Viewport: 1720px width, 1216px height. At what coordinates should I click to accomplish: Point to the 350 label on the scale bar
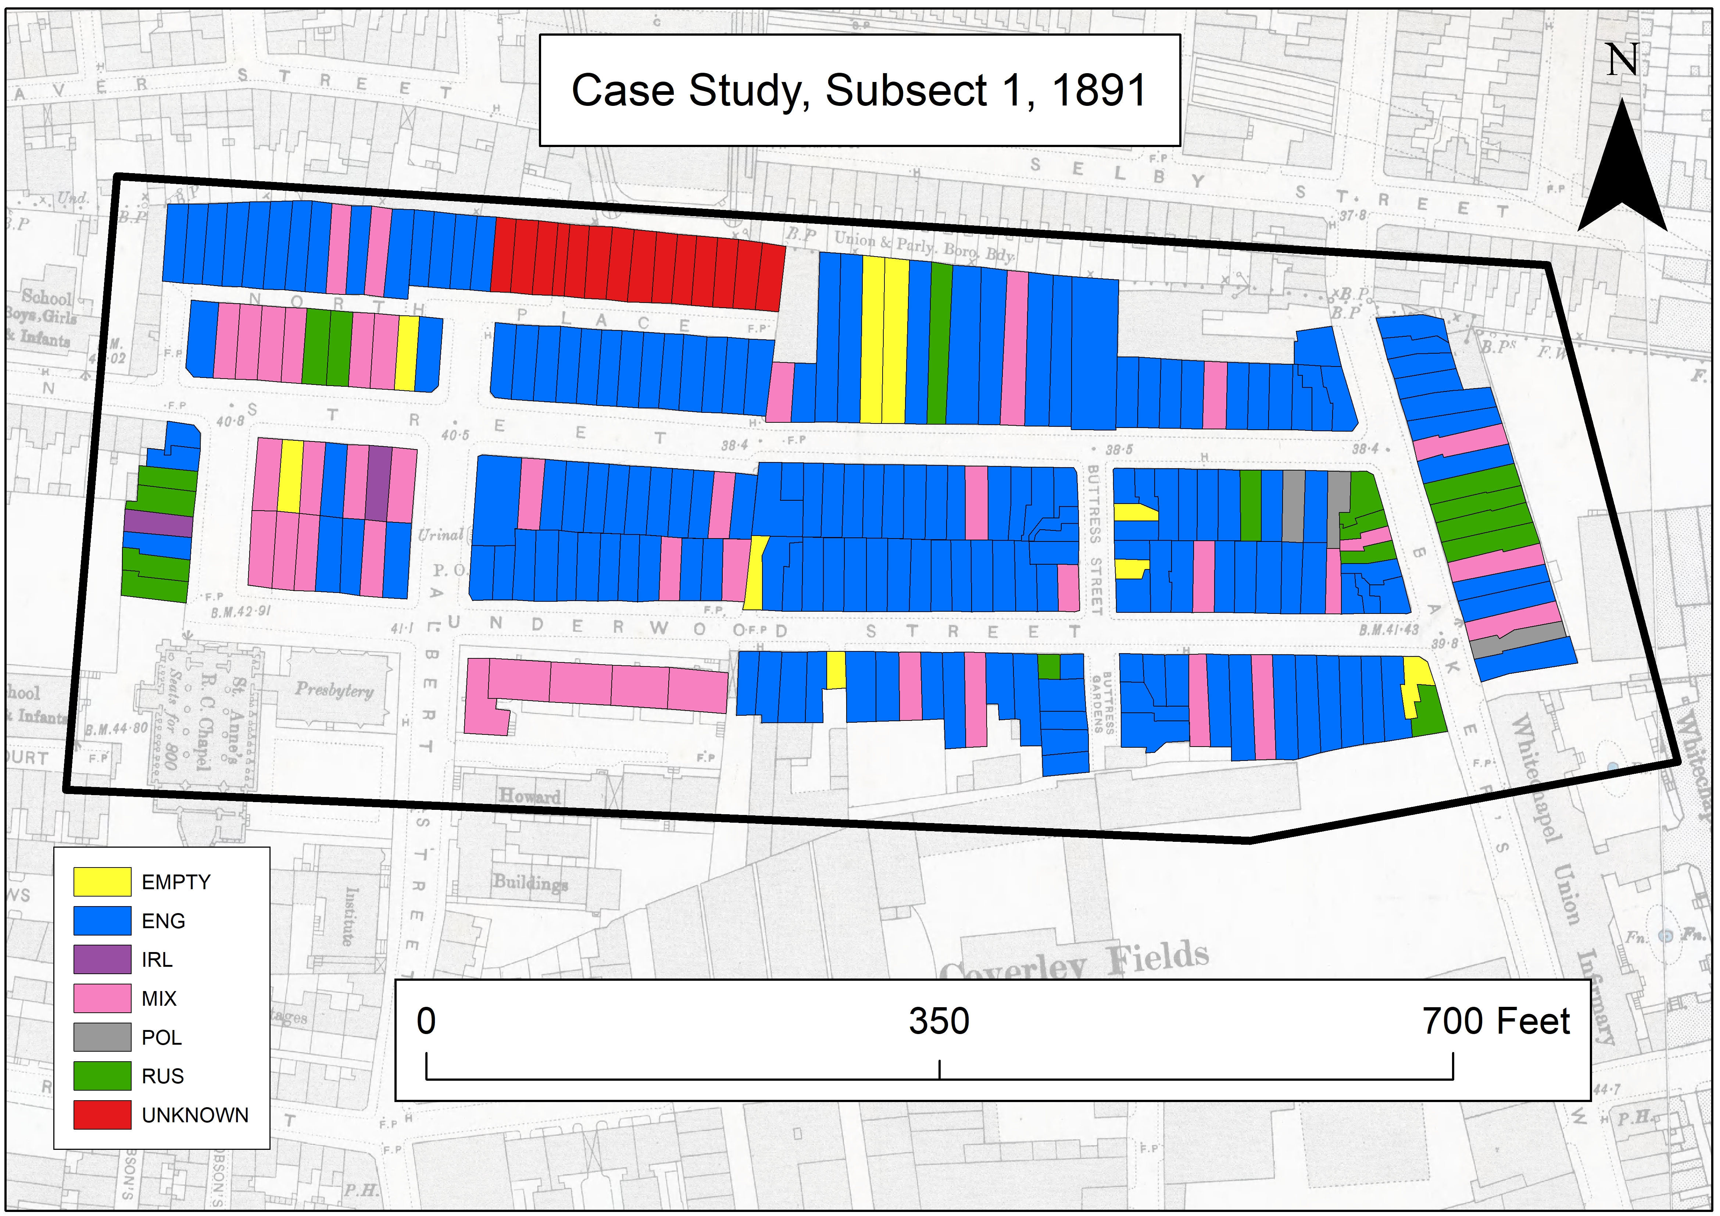point(938,1021)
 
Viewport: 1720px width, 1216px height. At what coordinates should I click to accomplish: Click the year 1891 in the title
point(1099,91)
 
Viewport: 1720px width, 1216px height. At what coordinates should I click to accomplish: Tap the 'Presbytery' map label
point(334,689)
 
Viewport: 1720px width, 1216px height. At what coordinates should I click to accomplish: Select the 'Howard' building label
point(530,796)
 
